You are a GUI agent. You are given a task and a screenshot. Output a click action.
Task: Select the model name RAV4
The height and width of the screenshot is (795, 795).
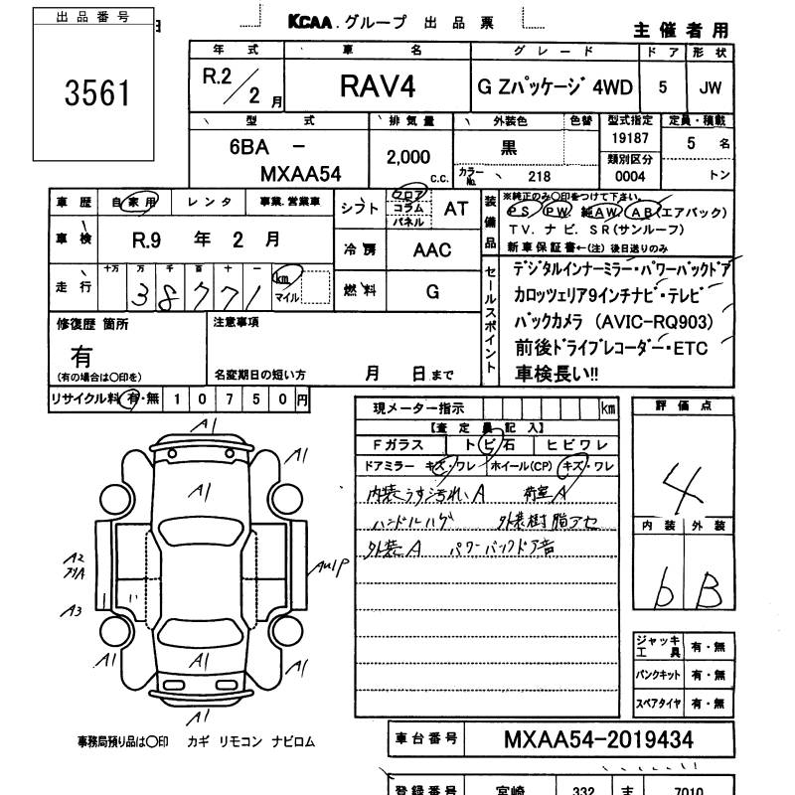click(378, 87)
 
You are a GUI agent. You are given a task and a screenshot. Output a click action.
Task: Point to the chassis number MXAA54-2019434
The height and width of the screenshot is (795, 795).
click(599, 740)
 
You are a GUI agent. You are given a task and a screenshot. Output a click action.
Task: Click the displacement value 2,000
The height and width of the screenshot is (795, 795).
click(407, 157)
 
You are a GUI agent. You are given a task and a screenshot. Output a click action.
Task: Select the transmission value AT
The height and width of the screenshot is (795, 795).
click(455, 209)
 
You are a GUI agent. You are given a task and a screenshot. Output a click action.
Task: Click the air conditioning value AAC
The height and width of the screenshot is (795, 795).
click(432, 250)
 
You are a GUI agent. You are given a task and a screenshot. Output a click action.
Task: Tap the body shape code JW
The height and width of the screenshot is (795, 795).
click(710, 87)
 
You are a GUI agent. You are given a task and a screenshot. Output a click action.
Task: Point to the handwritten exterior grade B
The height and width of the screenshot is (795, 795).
click(708, 592)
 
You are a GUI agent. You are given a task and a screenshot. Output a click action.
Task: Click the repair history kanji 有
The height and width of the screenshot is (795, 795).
click(80, 355)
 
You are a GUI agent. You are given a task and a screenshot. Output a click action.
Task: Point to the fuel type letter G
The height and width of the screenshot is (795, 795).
click(432, 291)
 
